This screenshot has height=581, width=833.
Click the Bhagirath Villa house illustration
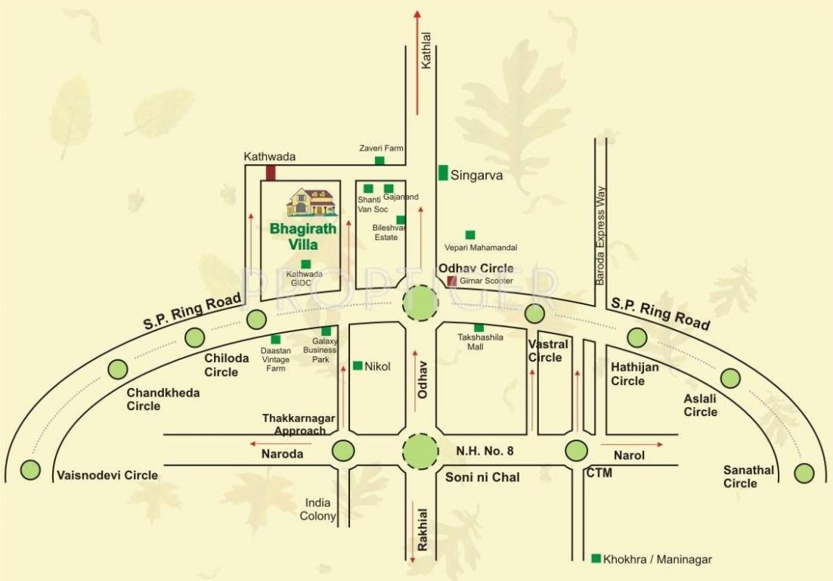pyautogui.click(x=311, y=201)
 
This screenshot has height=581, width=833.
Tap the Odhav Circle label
pyautogui.click(x=475, y=268)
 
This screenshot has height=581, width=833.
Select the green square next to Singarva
pyautogui.click(x=443, y=172)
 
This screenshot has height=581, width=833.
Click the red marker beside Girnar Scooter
pyautogui.click(x=452, y=281)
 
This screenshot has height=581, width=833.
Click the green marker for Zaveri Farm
pyautogui.click(x=379, y=160)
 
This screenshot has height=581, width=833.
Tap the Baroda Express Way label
pyautogui.click(x=602, y=235)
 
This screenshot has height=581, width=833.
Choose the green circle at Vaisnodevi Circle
pyautogui.click(x=30, y=470)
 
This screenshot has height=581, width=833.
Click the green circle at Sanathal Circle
pyautogui.click(x=804, y=474)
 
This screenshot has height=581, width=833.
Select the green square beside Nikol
pyautogui.click(x=358, y=365)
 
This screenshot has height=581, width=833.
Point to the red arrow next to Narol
pyautogui.click(x=632, y=444)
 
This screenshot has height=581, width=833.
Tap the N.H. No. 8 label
pyautogui.click(x=485, y=452)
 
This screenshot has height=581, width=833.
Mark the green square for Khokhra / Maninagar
pyautogui.click(x=596, y=558)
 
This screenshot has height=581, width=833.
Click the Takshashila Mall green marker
pyautogui.click(x=478, y=328)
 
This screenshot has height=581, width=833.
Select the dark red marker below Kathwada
pyautogui.click(x=271, y=172)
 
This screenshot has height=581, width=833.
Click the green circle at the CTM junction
pyautogui.click(x=576, y=451)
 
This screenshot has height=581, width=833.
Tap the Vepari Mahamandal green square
pyautogui.click(x=470, y=235)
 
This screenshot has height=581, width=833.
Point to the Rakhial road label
pyautogui.click(x=423, y=529)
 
